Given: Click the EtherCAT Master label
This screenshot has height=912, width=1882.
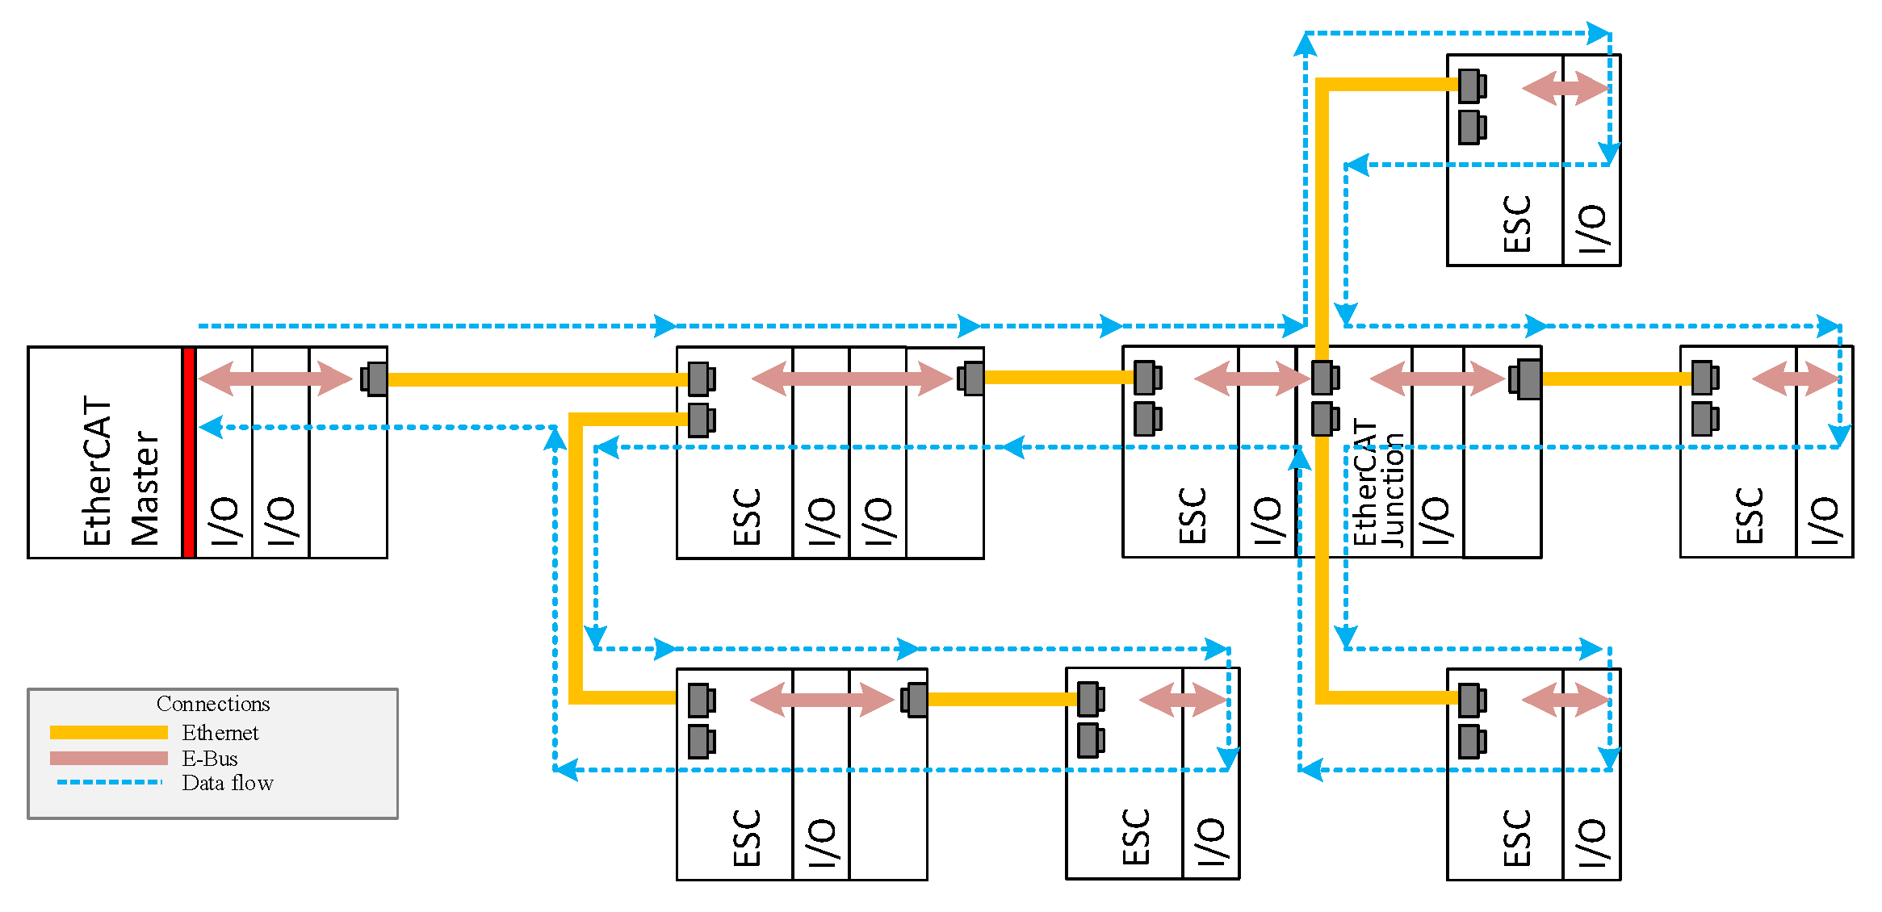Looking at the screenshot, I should pyautogui.click(x=121, y=471).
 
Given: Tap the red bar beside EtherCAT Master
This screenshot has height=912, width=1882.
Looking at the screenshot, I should pyautogui.click(x=188, y=452).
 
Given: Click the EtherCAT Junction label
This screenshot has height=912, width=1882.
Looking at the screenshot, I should pyautogui.click(x=1377, y=483).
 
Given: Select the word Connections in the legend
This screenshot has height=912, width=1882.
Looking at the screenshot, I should pyautogui.click(x=213, y=704).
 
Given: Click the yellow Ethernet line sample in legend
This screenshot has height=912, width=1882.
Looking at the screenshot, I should pyautogui.click(x=109, y=732).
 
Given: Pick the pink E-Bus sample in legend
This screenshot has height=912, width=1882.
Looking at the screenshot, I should pyautogui.click(x=109, y=758).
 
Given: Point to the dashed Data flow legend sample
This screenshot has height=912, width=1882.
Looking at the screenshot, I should pyautogui.click(x=109, y=782).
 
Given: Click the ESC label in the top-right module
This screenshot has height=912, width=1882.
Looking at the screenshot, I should pyautogui.click(x=1517, y=224).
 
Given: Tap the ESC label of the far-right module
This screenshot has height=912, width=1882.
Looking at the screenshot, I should pyautogui.click(x=1750, y=515).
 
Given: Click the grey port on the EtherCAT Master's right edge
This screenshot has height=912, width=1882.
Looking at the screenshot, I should pyautogui.click(x=375, y=379).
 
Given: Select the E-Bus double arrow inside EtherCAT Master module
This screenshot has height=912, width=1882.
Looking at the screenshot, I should pyautogui.click(x=275, y=379).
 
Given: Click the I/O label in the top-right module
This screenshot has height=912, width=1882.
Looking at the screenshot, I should pyautogui.click(x=1592, y=228).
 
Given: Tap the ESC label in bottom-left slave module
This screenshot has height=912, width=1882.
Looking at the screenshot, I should pyautogui.click(x=747, y=838).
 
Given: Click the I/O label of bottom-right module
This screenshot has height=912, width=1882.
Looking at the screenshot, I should pyautogui.click(x=1592, y=843).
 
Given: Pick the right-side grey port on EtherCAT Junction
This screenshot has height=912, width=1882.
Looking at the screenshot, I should pyautogui.click(x=1526, y=379).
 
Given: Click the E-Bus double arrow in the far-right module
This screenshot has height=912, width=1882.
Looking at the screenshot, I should pyautogui.click(x=1796, y=379).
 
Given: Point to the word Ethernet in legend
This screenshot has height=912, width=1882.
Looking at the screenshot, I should pyautogui.click(x=220, y=733).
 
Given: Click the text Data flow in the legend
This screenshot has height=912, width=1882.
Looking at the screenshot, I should pyautogui.click(x=228, y=783).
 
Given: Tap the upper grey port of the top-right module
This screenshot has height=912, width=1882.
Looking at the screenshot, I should pyautogui.click(x=1471, y=86).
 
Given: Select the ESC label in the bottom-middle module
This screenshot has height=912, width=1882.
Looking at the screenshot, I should pyautogui.click(x=1136, y=837).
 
